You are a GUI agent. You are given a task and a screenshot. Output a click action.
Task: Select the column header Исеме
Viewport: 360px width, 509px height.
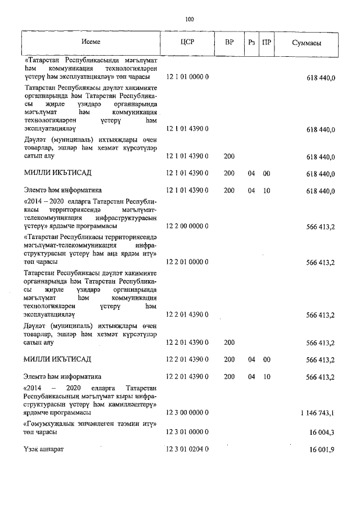tap(91, 42)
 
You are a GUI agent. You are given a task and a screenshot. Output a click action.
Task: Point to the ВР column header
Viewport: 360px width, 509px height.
tap(229, 43)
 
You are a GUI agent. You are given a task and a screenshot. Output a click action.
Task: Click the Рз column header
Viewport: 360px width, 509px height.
tap(251, 43)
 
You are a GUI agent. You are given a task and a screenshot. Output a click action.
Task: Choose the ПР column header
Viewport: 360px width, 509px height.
tap(267, 43)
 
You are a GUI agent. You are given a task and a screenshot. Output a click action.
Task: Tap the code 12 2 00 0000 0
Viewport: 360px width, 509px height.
tap(188, 226)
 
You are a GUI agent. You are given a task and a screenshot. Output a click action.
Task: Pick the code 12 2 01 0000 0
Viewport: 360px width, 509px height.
tap(188, 262)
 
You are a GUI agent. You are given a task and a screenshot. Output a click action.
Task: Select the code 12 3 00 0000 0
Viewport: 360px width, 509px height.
tap(188, 413)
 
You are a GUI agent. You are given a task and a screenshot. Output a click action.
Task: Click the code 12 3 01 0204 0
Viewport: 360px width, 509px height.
tap(188, 449)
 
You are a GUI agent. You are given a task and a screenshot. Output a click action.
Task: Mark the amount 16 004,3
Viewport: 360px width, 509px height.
tap(322, 431)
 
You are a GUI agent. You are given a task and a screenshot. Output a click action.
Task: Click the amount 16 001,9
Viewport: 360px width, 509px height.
tap(322, 449)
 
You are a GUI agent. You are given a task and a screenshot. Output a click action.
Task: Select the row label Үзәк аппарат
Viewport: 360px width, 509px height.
tap(44, 449)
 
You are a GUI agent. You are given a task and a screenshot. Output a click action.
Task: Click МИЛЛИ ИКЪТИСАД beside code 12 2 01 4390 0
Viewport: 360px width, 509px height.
tap(57, 359)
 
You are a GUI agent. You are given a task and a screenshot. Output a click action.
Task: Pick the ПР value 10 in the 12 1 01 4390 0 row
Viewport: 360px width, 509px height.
tap(267, 191)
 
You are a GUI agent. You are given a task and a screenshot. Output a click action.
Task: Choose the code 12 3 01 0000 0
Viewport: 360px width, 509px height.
tap(188, 431)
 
